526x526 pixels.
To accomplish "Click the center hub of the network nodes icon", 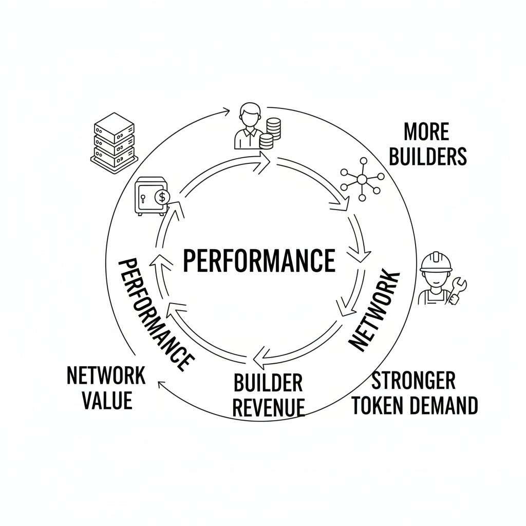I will click(362, 179).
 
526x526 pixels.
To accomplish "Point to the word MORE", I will click(426, 132).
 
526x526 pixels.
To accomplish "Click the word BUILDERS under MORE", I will click(427, 156).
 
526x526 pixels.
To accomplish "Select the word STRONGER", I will click(413, 381).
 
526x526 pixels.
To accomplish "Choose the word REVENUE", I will click(268, 407).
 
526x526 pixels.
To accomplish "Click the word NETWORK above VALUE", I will click(106, 376).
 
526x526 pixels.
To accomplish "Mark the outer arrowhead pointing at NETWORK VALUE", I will click(161, 384).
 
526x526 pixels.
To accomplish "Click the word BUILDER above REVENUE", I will click(268, 383).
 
